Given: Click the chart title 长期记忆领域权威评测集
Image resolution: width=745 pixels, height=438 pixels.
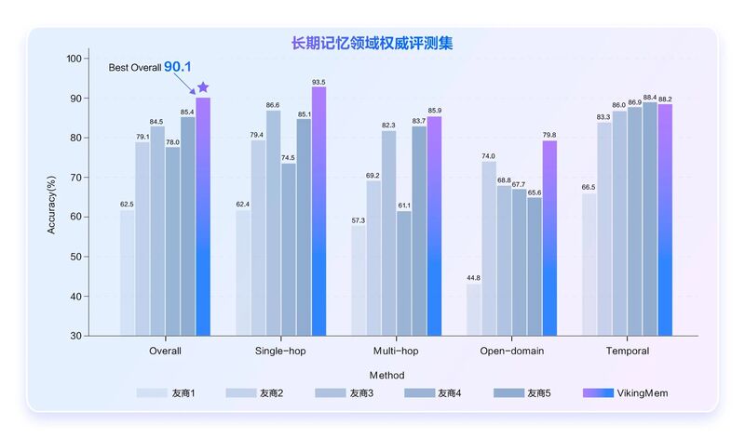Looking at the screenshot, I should tap(372, 43).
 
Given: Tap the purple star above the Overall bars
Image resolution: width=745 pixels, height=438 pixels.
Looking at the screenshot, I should tap(203, 87).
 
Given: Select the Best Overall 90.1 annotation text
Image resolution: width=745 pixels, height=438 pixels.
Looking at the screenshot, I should tap(150, 67).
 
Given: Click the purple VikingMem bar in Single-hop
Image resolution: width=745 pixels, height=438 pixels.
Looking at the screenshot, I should tap(318, 209).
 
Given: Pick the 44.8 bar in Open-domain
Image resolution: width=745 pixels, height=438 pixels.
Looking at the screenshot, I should tap(473, 309).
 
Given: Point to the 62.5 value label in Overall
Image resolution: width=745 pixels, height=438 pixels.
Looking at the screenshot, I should tap(127, 204).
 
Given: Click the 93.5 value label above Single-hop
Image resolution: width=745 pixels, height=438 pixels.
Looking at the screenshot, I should tap(318, 80).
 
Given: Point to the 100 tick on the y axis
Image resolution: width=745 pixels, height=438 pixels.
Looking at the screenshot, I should tap(74, 59).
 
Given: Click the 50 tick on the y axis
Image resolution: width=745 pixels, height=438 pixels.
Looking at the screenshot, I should tap(77, 257).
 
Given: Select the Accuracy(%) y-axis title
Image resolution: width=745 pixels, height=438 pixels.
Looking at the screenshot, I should tap(53, 197).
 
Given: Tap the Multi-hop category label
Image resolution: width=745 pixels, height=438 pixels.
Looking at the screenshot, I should tap(396, 352).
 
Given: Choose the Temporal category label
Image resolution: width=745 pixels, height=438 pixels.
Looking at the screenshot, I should tap(627, 352).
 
